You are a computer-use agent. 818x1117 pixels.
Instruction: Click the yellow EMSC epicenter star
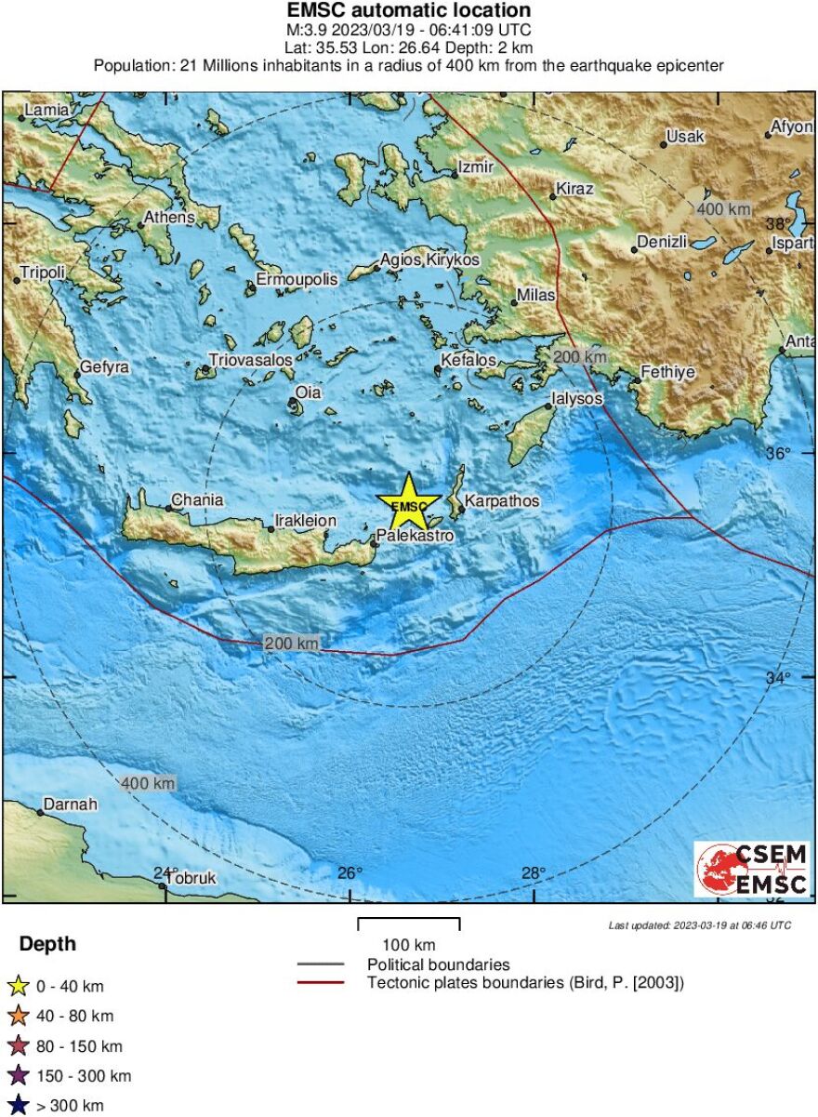pos(409,503)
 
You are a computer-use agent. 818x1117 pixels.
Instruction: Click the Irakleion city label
pos(306,522)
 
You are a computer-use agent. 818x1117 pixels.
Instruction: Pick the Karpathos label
pos(502,501)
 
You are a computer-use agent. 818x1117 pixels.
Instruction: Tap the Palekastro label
pos(415,537)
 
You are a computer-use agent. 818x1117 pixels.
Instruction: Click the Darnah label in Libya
pos(71,805)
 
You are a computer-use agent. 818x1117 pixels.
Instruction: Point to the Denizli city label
pos(662,242)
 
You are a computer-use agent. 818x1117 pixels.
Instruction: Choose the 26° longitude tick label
pos(350,873)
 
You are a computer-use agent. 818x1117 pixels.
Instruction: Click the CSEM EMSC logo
pos(752,870)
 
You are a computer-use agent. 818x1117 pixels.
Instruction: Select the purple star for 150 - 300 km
pos(18,1077)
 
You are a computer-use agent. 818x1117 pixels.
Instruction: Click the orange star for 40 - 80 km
pos(18,1017)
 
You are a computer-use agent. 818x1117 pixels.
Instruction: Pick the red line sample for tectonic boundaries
pos(321,982)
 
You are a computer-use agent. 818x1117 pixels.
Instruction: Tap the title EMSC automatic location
pos(409,11)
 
